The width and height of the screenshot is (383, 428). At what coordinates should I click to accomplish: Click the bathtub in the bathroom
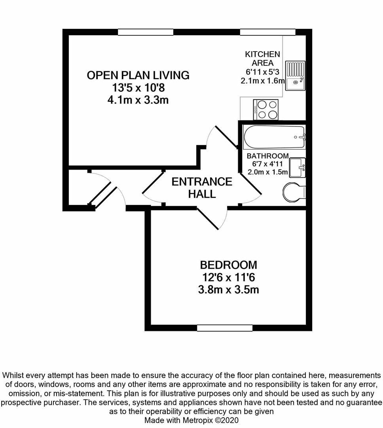click(x=274, y=137)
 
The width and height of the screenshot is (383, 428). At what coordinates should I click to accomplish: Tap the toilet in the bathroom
click(x=294, y=192)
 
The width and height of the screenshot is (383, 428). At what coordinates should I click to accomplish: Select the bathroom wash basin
click(x=297, y=168)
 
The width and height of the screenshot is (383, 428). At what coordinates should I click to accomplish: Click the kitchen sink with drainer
click(x=295, y=76)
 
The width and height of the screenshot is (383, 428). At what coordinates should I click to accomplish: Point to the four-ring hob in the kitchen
click(x=266, y=109)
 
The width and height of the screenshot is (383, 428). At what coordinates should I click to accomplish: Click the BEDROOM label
click(x=228, y=265)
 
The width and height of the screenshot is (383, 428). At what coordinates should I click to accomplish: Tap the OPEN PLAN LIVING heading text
click(x=138, y=75)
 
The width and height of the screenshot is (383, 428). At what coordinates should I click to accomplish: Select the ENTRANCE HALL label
click(x=202, y=187)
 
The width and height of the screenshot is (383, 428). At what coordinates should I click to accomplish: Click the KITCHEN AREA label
click(x=262, y=58)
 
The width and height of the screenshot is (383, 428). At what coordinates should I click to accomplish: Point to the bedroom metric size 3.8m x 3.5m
click(x=228, y=290)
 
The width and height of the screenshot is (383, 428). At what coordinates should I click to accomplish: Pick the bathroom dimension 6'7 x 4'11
click(x=267, y=164)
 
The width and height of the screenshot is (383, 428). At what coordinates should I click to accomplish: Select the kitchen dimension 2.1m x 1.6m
click(x=262, y=81)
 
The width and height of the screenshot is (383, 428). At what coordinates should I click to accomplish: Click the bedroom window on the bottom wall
click(x=225, y=328)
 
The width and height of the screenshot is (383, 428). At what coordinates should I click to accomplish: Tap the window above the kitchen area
click(x=267, y=32)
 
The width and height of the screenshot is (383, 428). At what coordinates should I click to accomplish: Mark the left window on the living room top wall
click(x=146, y=32)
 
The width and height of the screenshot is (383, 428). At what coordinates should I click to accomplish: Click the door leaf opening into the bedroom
click(x=208, y=219)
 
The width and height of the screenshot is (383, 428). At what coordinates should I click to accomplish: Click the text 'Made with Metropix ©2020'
click(x=191, y=420)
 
